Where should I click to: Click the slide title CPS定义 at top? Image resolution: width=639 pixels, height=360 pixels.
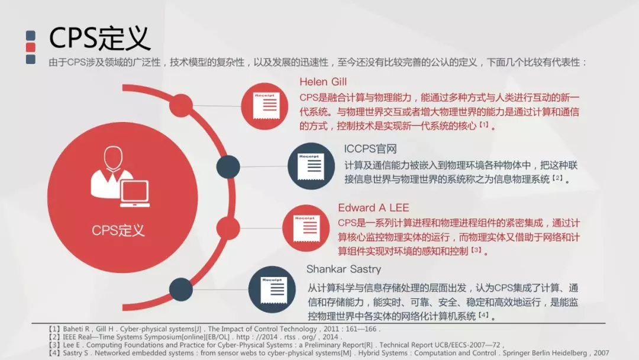[99, 38]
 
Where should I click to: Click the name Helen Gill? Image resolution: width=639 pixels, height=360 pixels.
[323, 82]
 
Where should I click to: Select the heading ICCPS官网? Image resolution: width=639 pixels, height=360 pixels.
[370, 149]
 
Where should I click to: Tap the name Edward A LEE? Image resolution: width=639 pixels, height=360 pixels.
[373, 207]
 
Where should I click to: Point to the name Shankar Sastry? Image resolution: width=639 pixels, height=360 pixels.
[344, 269]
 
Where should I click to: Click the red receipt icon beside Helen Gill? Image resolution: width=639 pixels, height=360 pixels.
[264, 106]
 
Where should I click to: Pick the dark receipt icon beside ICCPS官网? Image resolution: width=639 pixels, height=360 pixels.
[311, 166]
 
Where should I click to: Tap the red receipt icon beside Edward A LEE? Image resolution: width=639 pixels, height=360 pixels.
[306, 228]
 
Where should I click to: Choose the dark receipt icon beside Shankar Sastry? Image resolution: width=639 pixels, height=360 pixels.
[272, 290]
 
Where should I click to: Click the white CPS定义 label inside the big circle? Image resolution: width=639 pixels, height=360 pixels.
[118, 230]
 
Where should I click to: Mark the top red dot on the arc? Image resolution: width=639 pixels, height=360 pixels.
[181, 105]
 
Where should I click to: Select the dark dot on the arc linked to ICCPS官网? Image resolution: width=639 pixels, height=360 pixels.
[228, 167]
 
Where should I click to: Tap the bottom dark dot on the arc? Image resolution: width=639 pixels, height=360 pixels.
[181, 290]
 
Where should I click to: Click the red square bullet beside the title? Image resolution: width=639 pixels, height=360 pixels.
[31, 47]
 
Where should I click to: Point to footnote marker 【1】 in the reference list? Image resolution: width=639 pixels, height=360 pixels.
[54, 329]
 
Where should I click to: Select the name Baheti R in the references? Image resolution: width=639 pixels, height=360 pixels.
[76, 329]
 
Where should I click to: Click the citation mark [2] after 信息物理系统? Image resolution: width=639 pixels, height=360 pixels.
[557, 178]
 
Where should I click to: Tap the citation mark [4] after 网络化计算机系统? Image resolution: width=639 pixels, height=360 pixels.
[483, 315]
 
